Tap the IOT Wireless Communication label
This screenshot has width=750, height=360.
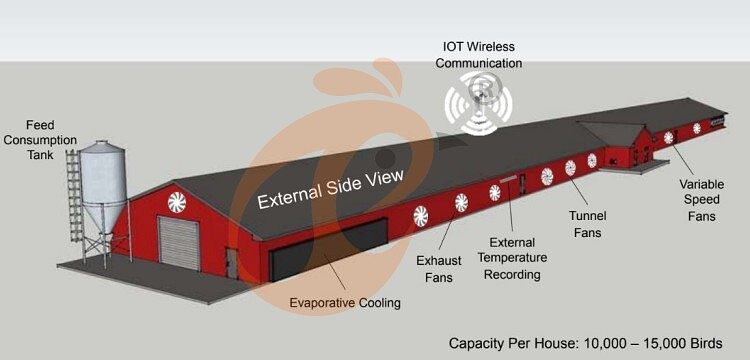pos(482,54)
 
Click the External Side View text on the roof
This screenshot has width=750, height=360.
pos(330,188)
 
